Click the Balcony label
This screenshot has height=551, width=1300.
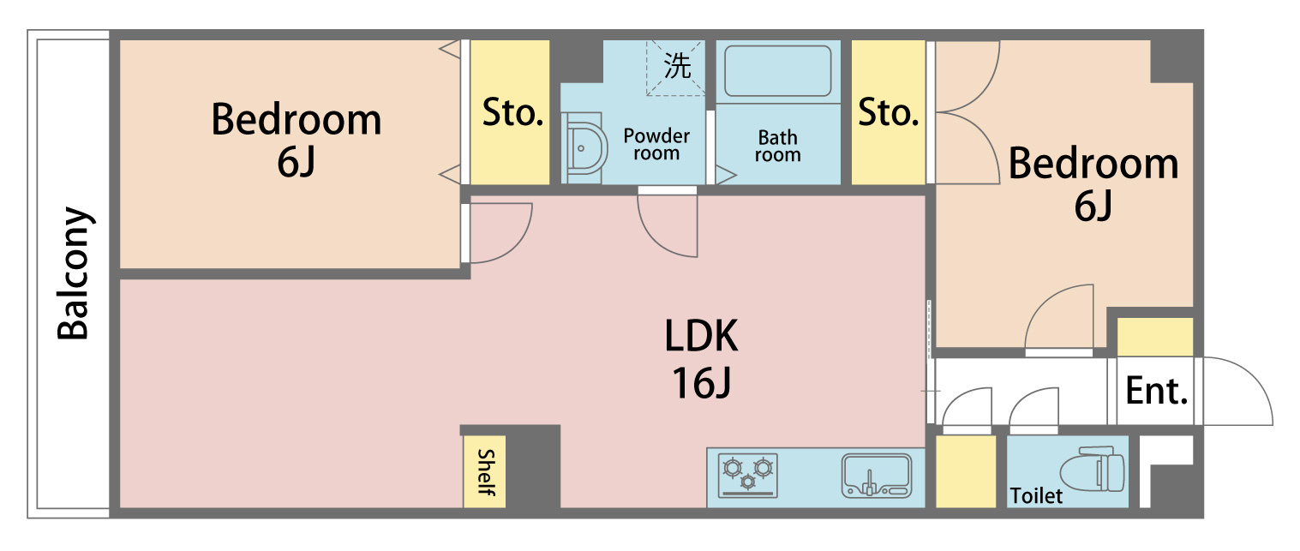pyautogui.click(x=74, y=273)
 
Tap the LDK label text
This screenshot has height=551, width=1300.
pyautogui.click(x=701, y=336)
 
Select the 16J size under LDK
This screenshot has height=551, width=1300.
pyautogui.click(x=701, y=383)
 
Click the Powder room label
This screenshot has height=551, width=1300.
pyautogui.click(x=656, y=144)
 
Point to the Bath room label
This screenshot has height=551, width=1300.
pyautogui.click(x=777, y=146)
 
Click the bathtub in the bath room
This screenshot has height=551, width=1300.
pyautogui.click(x=777, y=71)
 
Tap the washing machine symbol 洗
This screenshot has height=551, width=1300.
pyautogui.click(x=677, y=65)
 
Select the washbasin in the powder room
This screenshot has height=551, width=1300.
pyautogui.click(x=586, y=148)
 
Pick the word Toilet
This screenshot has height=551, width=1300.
pyautogui.click(x=1036, y=496)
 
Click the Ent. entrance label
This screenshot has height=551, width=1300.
pyautogui.click(x=1156, y=391)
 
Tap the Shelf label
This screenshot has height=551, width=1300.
pyautogui.click(x=486, y=472)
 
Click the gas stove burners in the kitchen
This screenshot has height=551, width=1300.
pyautogui.click(x=747, y=475)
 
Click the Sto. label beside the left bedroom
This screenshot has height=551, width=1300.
pyautogui.click(x=512, y=112)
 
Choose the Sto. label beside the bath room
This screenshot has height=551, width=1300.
pyautogui.click(x=889, y=112)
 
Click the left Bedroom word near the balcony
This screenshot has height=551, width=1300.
pyautogui.click(x=296, y=120)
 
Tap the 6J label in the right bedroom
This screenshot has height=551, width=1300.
pyautogui.click(x=1093, y=207)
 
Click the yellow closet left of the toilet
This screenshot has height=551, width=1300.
pyautogui.click(x=966, y=471)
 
